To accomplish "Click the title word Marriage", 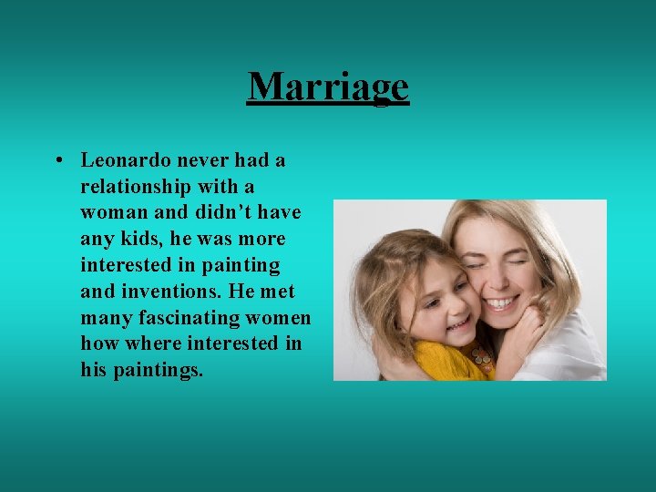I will click(x=328, y=87).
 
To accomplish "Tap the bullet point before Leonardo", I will click(x=57, y=161).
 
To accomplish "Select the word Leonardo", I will click(x=125, y=160).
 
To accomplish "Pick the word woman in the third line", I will click(x=111, y=213).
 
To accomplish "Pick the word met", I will click(x=278, y=292).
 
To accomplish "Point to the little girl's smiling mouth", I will click(x=459, y=323).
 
